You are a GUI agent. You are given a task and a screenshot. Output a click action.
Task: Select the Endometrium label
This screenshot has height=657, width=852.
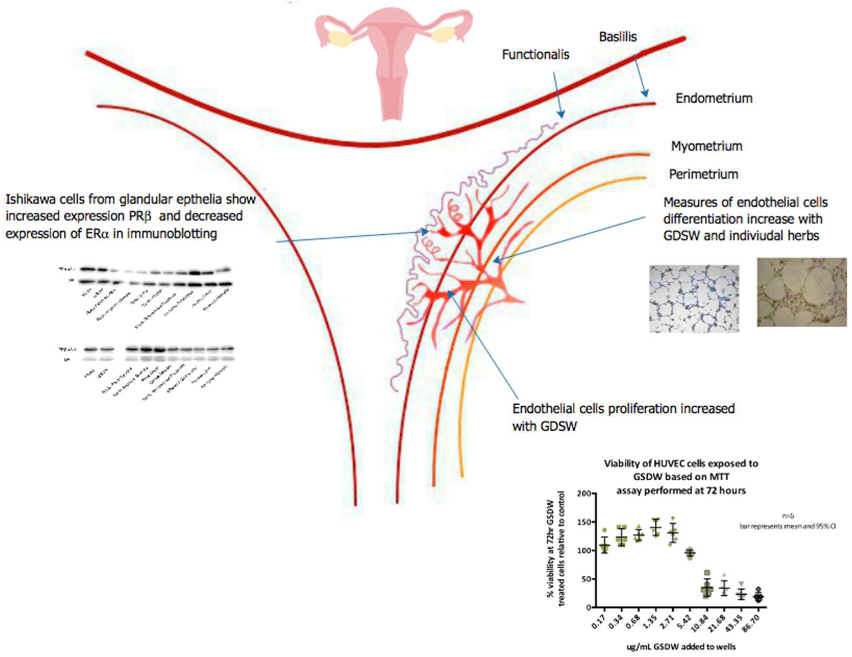(x=714, y=98)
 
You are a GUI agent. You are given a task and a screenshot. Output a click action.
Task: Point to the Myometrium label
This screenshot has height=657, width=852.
(x=706, y=146)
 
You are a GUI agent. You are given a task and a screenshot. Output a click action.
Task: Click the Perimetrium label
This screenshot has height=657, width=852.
(x=703, y=174)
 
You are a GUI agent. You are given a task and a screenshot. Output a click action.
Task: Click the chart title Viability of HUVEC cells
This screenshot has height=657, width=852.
(x=681, y=464)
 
